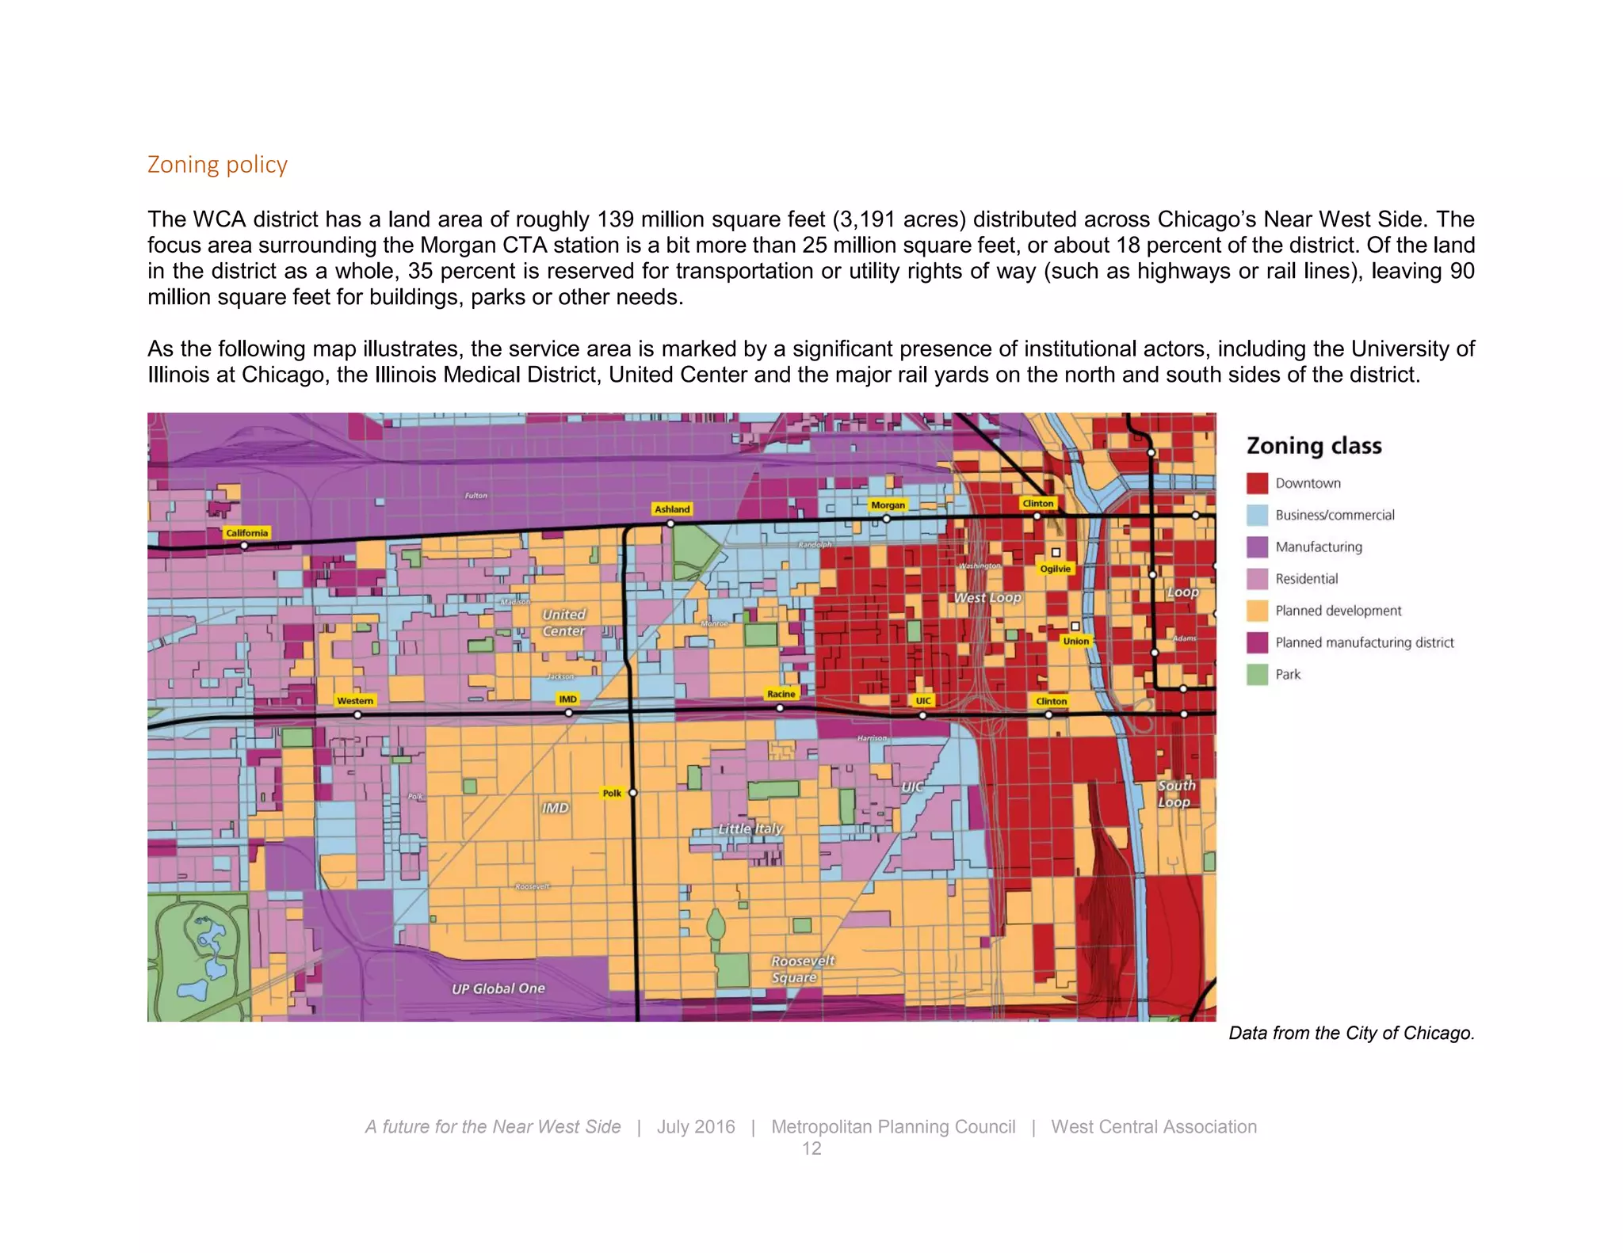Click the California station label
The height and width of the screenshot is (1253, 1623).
coord(246,533)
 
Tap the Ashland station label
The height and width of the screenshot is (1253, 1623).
coord(672,509)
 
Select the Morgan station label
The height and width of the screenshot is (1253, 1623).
coord(888,505)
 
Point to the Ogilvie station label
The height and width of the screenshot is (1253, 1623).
coord(1055,569)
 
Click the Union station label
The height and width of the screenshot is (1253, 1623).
coord(1075,642)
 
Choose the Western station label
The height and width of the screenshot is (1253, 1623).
coord(354,701)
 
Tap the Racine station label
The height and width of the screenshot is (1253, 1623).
coord(781,694)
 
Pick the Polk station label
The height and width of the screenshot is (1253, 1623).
coord(612,793)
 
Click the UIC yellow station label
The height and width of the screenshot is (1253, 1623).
coord(923,701)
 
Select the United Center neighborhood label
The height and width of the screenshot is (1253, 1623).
coord(563,623)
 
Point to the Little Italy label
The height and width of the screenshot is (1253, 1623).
coord(750,828)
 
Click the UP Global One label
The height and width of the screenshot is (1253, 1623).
coord(498,988)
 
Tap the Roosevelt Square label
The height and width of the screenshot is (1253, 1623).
coord(802,969)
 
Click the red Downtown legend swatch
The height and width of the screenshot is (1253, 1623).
coord(1257,483)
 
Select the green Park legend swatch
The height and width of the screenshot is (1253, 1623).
coord(1257,675)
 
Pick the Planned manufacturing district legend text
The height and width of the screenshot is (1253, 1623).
coord(1364,642)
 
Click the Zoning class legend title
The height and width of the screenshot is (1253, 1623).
coord(1314,446)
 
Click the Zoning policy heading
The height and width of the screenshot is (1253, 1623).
coord(217,165)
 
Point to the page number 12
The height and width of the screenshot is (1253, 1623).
coord(811,1148)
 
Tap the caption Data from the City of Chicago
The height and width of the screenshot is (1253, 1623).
coord(1351,1033)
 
